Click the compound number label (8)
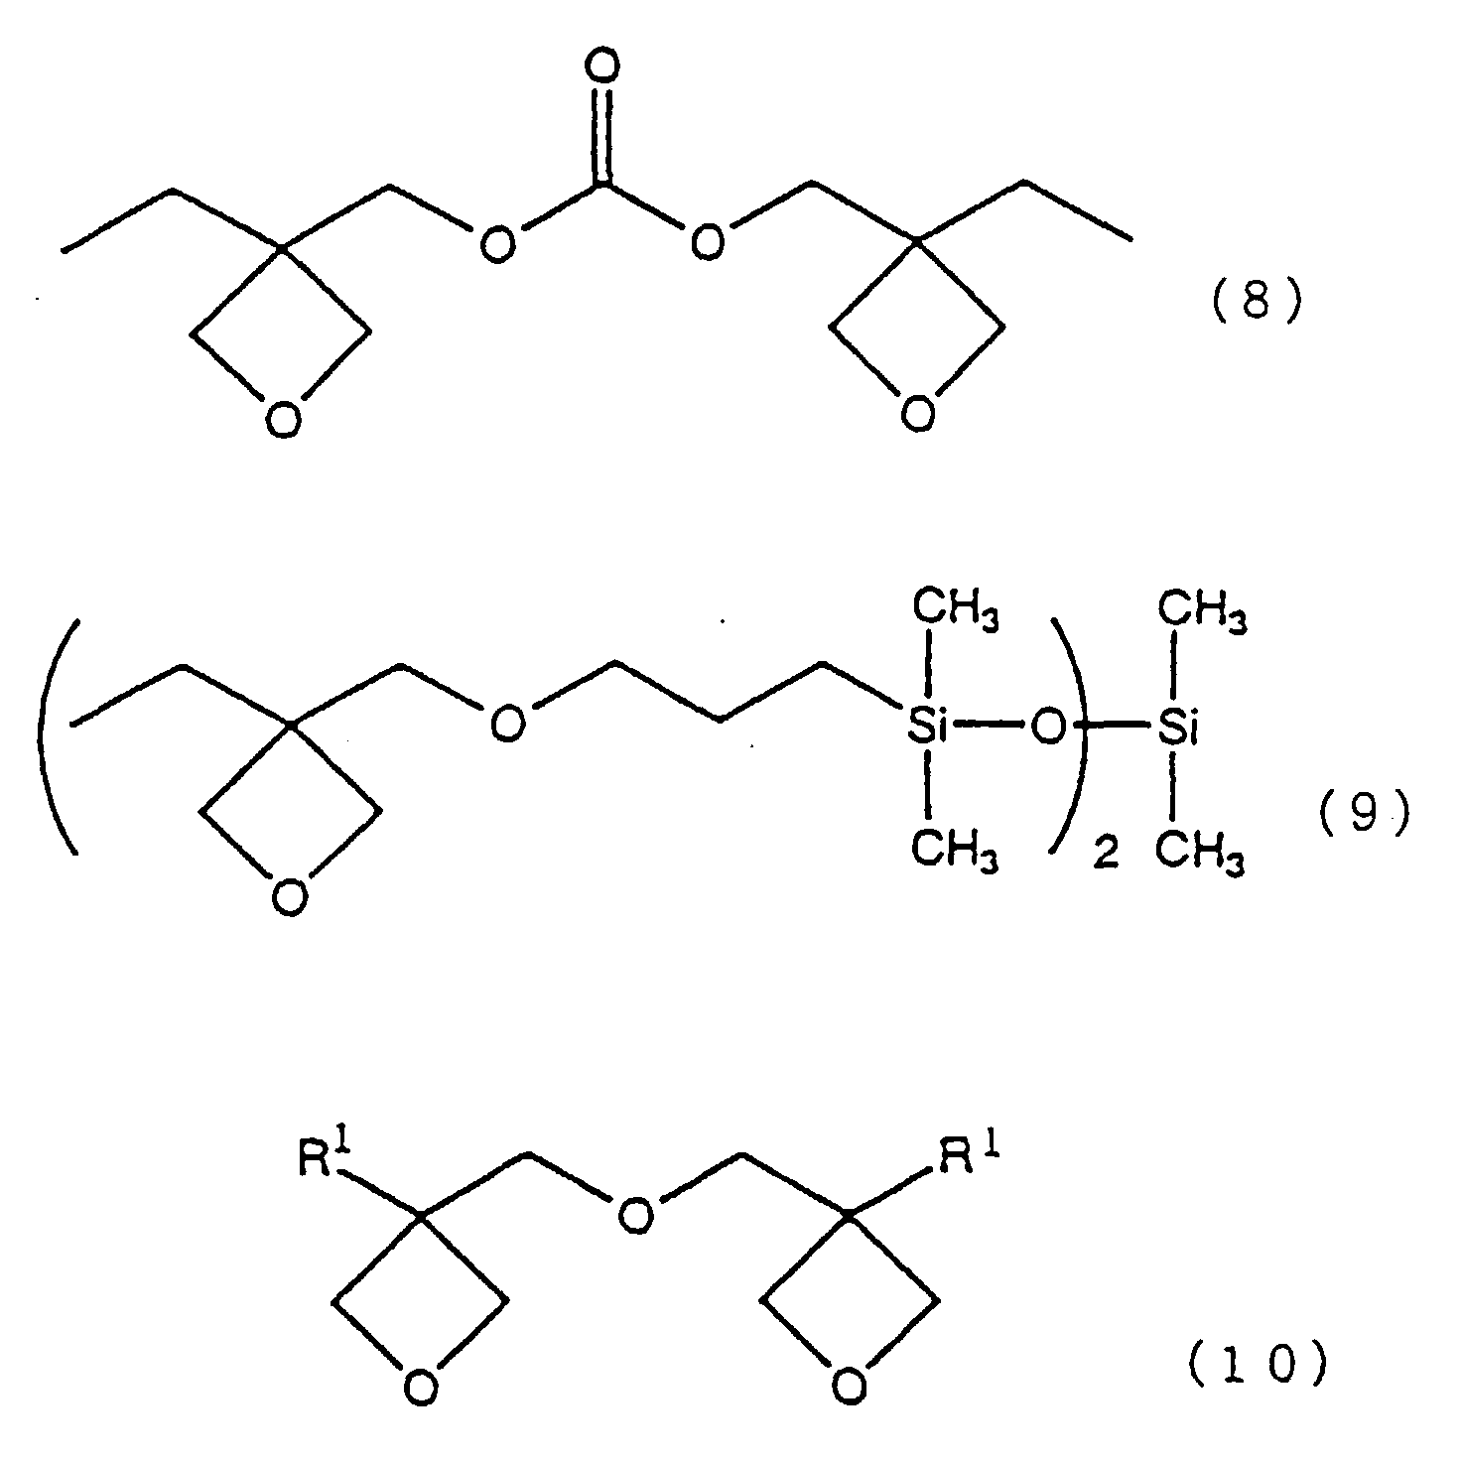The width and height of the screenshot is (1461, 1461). pyautogui.click(x=1256, y=302)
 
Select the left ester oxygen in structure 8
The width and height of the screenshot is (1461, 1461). pyautogui.click(x=496, y=242)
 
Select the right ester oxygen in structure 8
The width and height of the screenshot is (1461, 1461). pyautogui.click(x=707, y=242)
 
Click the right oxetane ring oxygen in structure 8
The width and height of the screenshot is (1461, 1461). pyautogui.click(x=918, y=411)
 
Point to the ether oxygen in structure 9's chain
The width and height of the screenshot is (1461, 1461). pyautogui.click(x=507, y=724)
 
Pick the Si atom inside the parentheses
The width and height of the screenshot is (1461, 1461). pyautogui.click(x=927, y=730)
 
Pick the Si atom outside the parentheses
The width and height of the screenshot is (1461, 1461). pyautogui.click(x=1177, y=730)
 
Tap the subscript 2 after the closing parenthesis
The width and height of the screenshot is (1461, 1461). pyautogui.click(x=1105, y=856)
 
